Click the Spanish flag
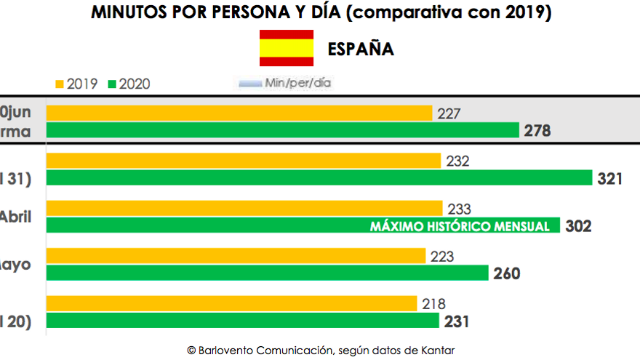click(287, 49)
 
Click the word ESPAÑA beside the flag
click(361, 49)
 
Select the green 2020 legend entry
click(129, 84)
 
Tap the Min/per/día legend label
click(287, 83)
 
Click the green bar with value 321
click(319, 177)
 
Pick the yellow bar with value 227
click(239, 113)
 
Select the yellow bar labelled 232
click(244, 161)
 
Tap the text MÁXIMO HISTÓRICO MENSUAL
click(460, 226)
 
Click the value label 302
click(579, 226)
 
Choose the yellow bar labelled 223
click(236, 256)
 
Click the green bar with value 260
click(267, 273)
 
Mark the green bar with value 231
click(243, 321)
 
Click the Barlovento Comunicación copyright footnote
click(321, 351)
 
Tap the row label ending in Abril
click(15, 217)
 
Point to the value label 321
click(609, 178)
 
